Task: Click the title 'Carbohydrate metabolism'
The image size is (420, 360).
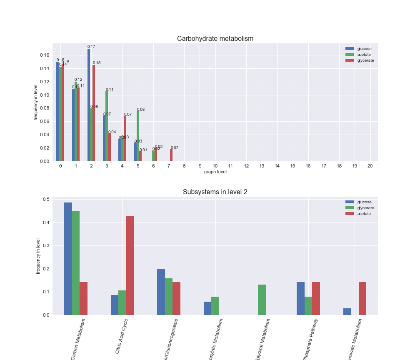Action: pos(215,39)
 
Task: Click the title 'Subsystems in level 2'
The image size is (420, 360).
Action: pos(215,192)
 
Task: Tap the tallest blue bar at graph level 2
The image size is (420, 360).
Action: pos(89,105)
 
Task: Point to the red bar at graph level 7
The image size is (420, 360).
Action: pos(171,155)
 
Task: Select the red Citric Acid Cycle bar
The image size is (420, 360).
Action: pos(130,265)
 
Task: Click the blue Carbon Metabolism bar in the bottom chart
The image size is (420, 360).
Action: pos(68,259)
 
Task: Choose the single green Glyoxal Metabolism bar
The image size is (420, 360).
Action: pos(262,300)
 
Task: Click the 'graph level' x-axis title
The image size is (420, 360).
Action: pos(215,172)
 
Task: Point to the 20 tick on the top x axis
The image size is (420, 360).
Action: pos(370,166)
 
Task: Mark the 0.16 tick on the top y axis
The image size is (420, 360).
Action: pos(45,55)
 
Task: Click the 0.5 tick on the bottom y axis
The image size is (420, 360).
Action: pos(46,199)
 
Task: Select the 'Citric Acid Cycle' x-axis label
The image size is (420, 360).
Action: pos(121,336)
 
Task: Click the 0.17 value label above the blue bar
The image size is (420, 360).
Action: pos(91,47)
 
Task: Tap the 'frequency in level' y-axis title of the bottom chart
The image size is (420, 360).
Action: pos(38,256)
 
